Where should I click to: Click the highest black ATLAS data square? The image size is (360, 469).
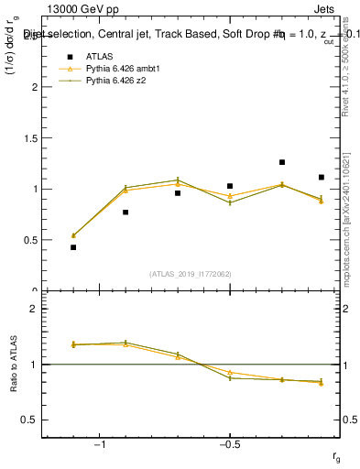(282, 162)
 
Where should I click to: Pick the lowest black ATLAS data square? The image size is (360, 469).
(73, 247)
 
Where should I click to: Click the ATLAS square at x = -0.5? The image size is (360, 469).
(230, 186)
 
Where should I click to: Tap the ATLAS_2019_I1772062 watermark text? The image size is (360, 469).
(191, 274)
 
